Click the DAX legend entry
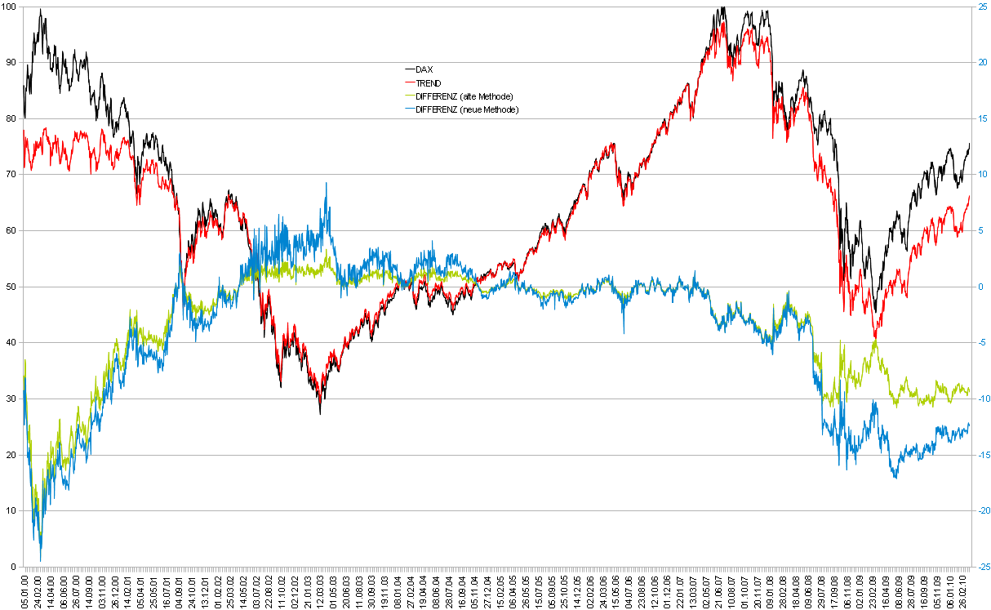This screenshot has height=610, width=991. [424, 69]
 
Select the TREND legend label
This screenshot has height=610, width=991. [429, 82]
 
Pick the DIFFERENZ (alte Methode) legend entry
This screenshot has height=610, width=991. [464, 96]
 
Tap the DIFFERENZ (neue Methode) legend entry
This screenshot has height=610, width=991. [466, 109]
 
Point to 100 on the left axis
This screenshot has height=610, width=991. [10, 7]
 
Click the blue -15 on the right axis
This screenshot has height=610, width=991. [981, 455]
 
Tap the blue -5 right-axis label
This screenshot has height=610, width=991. [980, 343]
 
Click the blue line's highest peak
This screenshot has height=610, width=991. [326, 183]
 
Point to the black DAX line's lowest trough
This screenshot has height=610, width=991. [320, 414]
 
